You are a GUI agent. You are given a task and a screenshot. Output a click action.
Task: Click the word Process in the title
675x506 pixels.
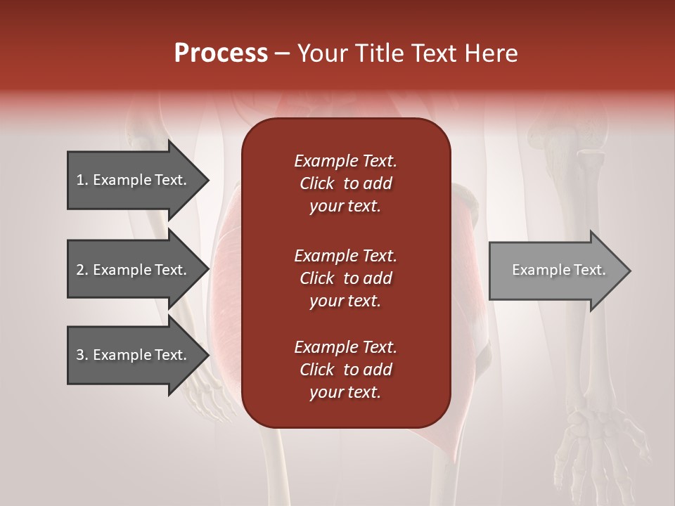pyautogui.click(x=221, y=53)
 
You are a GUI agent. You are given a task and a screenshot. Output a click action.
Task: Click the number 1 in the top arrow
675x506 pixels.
pyautogui.click(x=80, y=180)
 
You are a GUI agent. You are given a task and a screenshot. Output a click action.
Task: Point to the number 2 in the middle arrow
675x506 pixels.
pyautogui.click(x=80, y=270)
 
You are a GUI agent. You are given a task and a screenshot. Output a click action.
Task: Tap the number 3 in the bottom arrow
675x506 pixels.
pyautogui.click(x=80, y=355)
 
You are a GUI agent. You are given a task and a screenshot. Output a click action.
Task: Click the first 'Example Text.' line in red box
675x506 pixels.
pyautogui.click(x=345, y=161)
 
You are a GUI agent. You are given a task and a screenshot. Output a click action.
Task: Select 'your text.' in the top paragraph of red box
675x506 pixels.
pyautogui.click(x=345, y=207)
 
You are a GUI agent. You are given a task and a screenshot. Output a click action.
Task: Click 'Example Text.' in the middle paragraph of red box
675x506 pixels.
pyautogui.click(x=345, y=255)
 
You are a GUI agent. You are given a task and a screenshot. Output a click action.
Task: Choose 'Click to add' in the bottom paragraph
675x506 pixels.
pyautogui.click(x=345, y=370)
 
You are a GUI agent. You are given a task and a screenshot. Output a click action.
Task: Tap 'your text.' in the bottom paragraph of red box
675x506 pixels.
pyautogui.click(x=345, y=393)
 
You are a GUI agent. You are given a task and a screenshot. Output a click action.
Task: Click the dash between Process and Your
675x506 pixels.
pyautogui.click(x=283, y=53)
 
